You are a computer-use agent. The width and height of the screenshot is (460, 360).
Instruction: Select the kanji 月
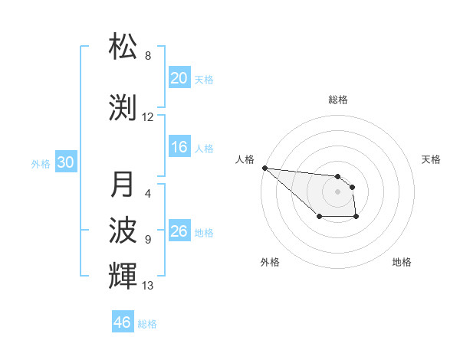(x=123, y=185)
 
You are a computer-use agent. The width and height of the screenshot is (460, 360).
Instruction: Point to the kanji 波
(x=123, y=231)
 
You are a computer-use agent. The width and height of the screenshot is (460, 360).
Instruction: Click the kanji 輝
(x=123, y=277)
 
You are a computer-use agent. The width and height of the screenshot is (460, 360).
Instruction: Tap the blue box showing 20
(x=179, y=78)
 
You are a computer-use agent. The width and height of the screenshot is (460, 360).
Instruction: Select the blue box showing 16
(x=179, y=148)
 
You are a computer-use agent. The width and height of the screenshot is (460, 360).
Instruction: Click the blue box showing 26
(x=179, y=231)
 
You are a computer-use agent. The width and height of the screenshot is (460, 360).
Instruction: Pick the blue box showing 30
(x=65, y=162)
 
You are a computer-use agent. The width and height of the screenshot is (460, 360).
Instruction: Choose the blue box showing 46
(x=123, y=322)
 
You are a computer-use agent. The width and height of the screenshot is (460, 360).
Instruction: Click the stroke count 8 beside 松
(x=148, y=56)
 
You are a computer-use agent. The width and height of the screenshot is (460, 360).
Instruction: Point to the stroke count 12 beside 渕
(x=148, y=118)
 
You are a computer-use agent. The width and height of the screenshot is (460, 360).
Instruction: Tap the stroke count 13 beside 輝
(x=148, y=286)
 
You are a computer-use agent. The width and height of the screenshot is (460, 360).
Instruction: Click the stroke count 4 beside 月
(x=148, y=194)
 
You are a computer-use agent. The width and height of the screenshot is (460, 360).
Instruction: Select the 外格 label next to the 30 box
(x=41, y=163)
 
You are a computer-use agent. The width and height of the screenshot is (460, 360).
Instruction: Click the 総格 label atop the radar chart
(x=337, y=100)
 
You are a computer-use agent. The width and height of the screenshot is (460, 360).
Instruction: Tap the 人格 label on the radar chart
(x=245, y=159)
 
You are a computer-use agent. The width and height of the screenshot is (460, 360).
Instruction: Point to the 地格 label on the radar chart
(x=402, y=262)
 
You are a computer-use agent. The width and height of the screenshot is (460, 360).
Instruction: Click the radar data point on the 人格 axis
(x=264, y=168)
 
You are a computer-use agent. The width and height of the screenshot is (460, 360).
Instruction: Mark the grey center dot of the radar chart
(x=337, y=191)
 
